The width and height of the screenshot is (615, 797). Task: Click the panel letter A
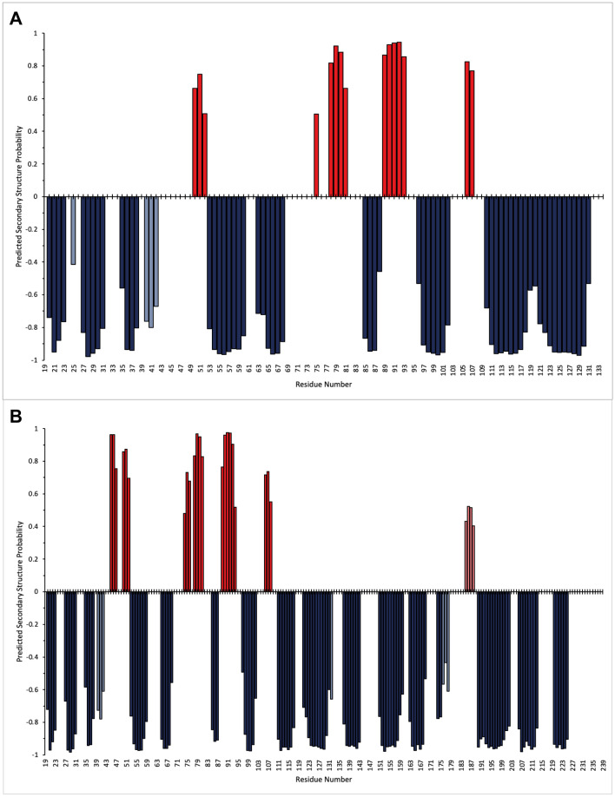point(16,17)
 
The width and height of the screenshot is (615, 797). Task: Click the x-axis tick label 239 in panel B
point(603,768)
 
